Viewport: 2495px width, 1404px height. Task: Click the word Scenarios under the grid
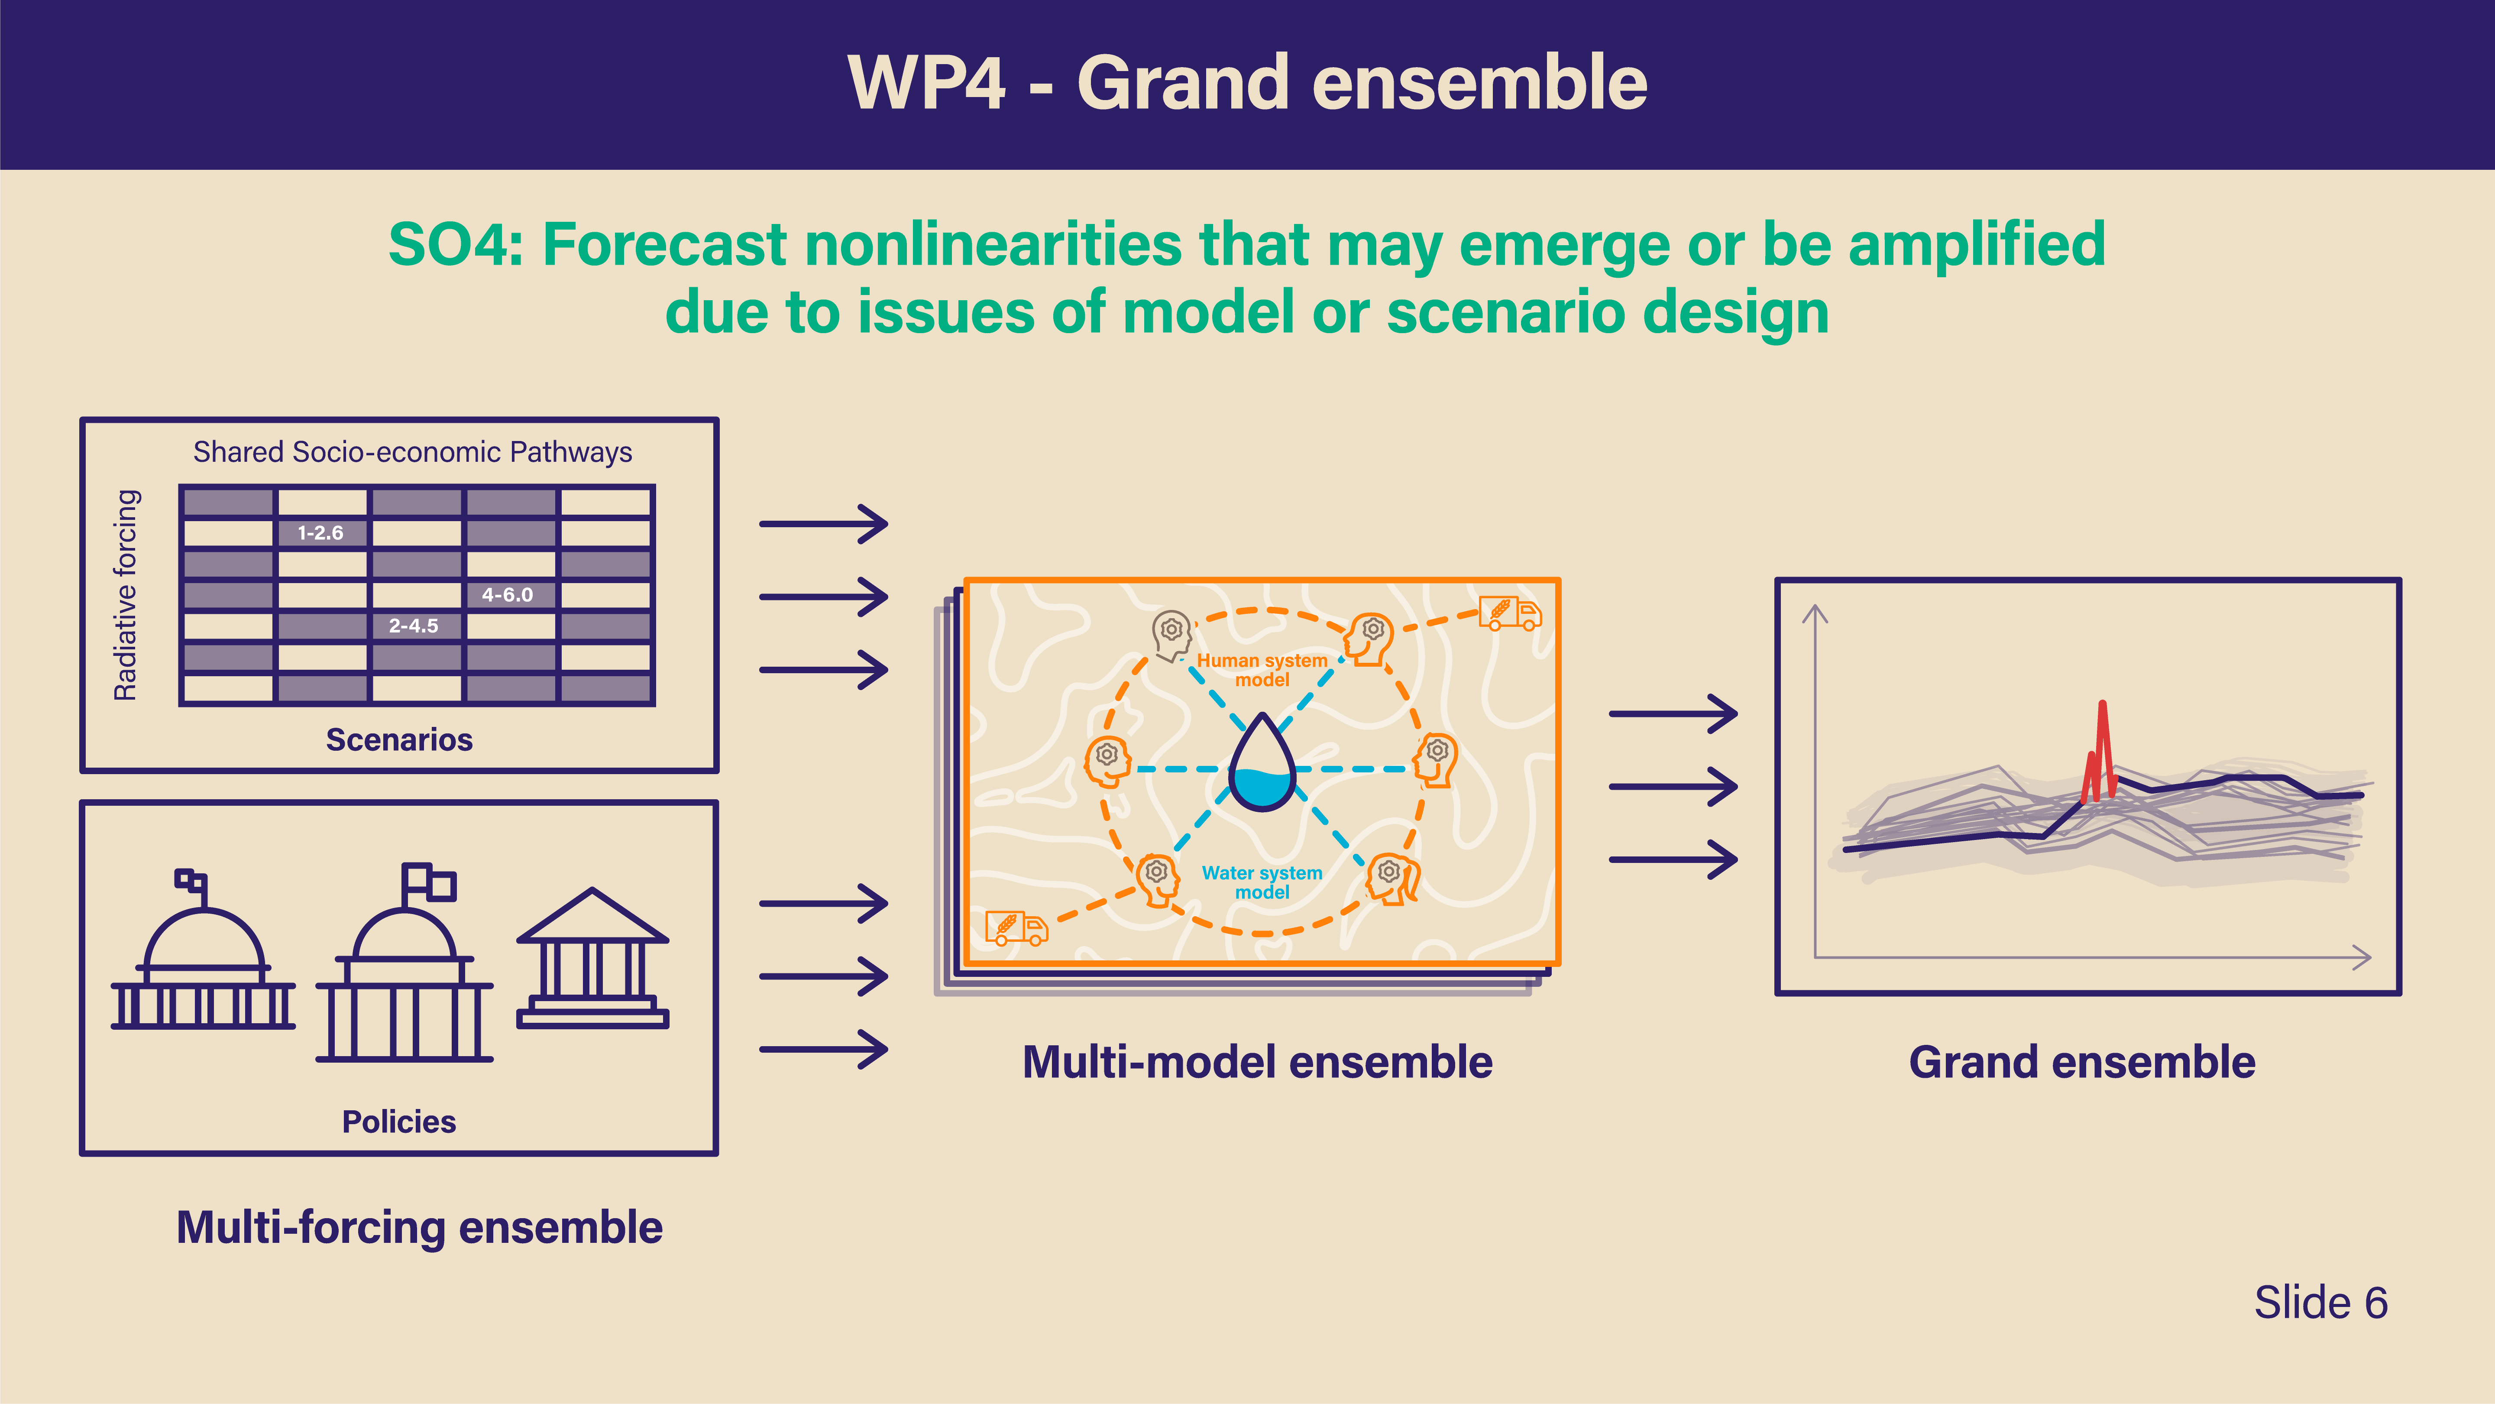tap(399, 739)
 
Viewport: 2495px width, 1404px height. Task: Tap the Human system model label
tap(1262, 670)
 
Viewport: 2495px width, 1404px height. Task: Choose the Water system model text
tap(1262, 882)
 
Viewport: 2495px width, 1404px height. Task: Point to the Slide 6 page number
tap(2320, 1302)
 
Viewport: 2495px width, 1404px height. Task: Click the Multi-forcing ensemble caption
tap(419, 1228)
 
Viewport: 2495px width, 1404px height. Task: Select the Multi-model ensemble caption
tap(1257, 1062)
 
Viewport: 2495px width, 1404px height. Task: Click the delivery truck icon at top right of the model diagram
tap(1510, 613)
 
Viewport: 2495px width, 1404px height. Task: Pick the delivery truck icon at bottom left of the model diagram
tap(1016, 927)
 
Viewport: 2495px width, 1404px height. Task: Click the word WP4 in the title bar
tap(927, 83)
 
